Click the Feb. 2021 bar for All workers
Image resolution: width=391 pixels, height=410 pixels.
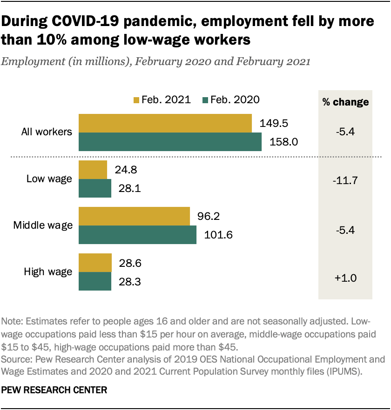click(165, 123)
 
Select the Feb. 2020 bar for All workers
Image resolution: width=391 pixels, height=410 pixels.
click(170, 142)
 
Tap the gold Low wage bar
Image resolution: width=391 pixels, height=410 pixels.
click(93, 170)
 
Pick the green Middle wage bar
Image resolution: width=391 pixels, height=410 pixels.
click(137, 235)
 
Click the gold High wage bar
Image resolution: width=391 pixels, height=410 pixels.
click(95, 263)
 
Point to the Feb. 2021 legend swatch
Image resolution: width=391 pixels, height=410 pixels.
click(136, 100)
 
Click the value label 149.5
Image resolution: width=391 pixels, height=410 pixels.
click(270, 123)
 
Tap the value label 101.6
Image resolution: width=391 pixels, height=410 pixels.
click(218, 235)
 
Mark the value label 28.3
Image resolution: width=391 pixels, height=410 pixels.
click(130, 281)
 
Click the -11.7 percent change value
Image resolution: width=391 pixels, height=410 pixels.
click(345, 179)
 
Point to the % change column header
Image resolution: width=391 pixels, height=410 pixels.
click(345, 102)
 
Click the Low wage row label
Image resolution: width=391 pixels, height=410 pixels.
click(49, 179)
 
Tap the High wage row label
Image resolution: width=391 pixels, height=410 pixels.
click(48, 272)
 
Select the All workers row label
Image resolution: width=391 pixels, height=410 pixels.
click(47, 132)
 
